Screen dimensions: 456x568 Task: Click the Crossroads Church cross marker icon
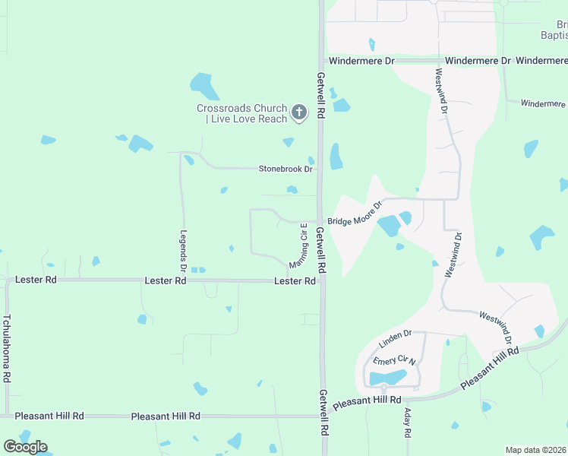(x=299, y=113)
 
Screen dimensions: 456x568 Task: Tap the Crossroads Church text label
(x=241, y=113)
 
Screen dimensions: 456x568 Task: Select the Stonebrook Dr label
(x=286, y=169)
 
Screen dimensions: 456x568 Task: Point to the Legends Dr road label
(x=183, y=252)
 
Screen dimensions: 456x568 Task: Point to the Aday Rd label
(x=407, y=423)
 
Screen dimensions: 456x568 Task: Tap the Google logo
(x=25, y=446)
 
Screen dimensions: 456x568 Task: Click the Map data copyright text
(x=536, y=450)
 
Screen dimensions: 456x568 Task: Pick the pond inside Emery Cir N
(x=387, y=378)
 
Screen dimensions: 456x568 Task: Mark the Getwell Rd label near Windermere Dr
(x=321, y=93)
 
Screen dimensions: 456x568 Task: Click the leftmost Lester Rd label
(x=36, y=280)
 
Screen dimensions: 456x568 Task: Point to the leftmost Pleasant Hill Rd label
(x=49, y=416)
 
